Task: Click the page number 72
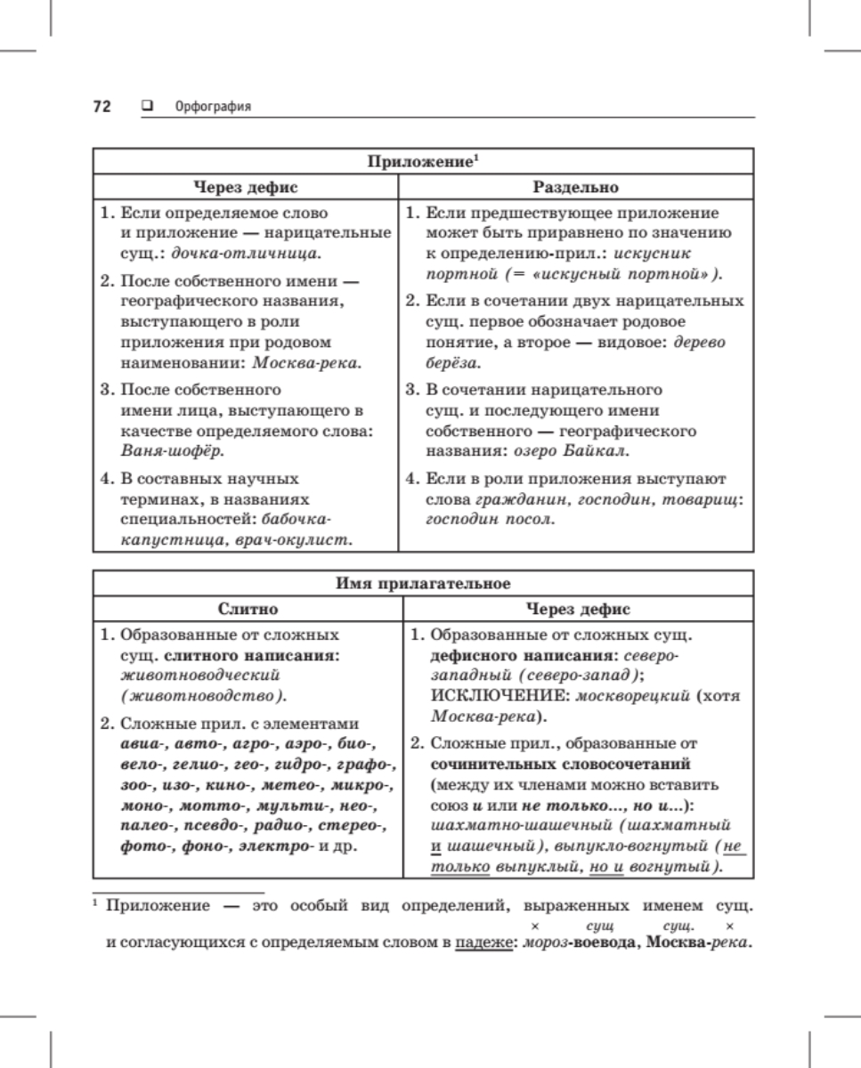[102, 107]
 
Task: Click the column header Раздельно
[575, 188]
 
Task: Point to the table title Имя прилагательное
[423, 585]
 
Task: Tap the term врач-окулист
[304, 538]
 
